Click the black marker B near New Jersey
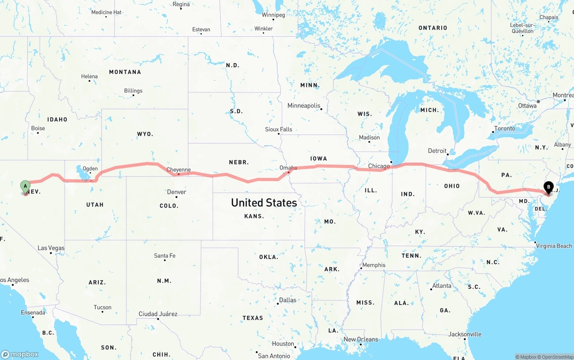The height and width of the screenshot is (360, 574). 548,187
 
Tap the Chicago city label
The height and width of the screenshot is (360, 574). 379,166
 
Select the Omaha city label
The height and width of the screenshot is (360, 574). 288,168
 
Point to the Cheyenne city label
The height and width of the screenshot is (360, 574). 178,170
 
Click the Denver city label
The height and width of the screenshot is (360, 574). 176,192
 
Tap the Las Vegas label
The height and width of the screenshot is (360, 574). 51,248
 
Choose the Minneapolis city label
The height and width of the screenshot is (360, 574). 304,106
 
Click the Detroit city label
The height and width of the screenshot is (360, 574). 437,151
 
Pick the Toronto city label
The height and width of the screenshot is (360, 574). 504,129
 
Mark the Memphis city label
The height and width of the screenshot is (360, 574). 374,265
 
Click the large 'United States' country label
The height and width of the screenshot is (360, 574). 264,203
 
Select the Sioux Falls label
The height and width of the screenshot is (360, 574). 278,130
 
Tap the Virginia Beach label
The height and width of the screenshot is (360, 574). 554,246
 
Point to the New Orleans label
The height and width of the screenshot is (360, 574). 361,339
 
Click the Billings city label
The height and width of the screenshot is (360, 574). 133,91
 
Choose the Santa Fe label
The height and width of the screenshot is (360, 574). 165,256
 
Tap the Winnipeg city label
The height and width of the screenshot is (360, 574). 273,15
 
